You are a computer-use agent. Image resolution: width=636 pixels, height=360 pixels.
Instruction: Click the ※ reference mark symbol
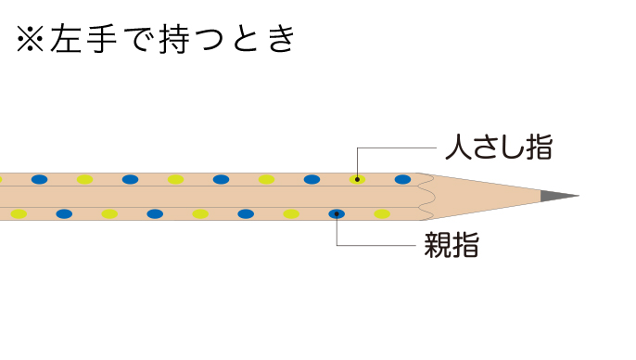[30, 39]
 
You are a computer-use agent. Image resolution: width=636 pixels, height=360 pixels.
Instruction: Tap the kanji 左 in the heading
[66, 39]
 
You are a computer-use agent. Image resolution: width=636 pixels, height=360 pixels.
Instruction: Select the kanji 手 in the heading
[102, 39]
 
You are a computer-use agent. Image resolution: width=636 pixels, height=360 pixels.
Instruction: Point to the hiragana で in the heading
[138, 39]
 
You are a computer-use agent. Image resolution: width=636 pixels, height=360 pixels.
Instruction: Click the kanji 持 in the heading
[174, 39]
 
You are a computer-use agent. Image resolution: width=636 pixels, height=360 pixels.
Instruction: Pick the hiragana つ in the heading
[210, 40]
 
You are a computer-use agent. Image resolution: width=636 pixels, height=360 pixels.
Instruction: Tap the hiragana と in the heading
[246, 39]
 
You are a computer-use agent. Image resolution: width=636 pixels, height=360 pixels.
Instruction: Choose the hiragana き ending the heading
[282, 39]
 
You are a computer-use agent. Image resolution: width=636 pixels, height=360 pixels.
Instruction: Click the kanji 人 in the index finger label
[458, 147]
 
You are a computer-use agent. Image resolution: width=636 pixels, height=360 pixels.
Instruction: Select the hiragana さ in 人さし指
[485, 148]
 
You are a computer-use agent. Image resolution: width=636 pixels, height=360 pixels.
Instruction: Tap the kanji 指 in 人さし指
[540, 147]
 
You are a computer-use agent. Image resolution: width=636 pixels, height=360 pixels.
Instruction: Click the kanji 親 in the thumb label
[438, 245]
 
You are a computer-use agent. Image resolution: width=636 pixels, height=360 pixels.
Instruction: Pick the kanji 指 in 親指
[465, 245]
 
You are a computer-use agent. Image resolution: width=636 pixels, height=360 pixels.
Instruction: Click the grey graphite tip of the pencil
[558, 196]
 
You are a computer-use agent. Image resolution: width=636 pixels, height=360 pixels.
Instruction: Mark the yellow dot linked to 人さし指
[357, 179]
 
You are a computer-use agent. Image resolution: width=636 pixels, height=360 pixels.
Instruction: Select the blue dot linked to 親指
[337, 214]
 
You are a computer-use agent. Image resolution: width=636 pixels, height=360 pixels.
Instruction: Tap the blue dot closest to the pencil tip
[402, 179]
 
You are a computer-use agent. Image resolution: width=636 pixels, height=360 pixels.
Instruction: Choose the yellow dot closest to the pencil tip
[382, 214]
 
